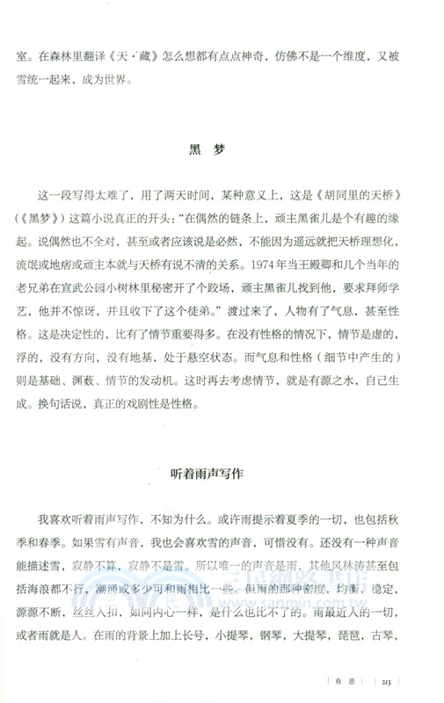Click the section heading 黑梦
coord(207,149)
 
